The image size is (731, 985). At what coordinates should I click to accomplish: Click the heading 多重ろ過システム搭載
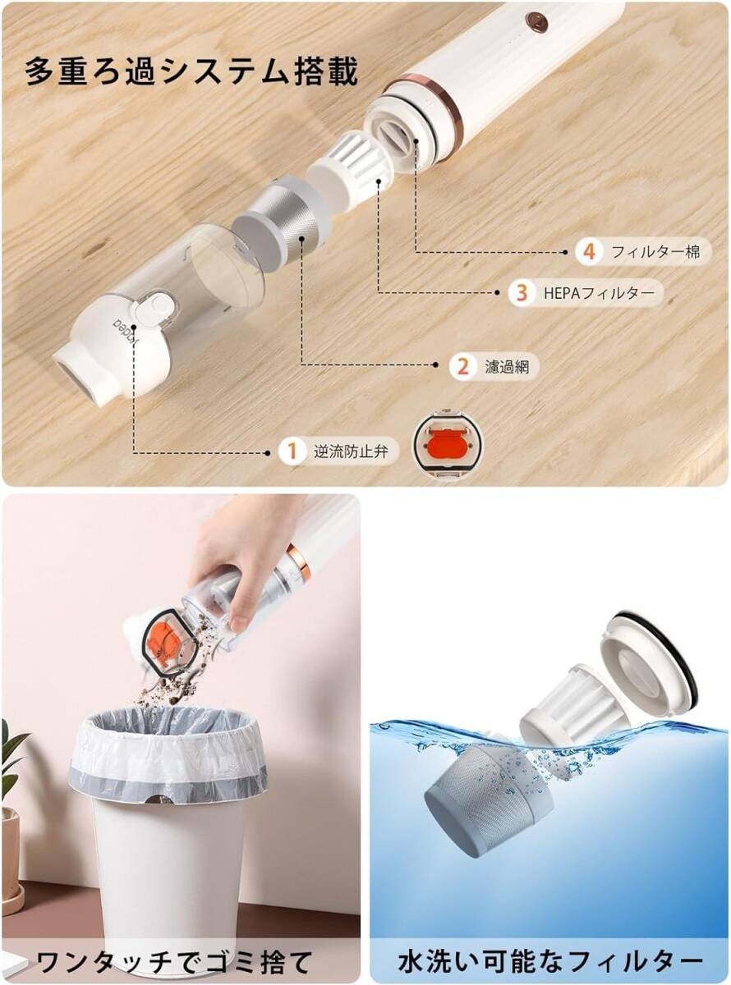(x=191, y=71)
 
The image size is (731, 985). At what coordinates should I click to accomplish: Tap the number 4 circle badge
(x=588, y=252)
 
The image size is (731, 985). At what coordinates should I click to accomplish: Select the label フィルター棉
(x=655, y=253)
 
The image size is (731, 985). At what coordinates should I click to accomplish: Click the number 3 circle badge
(x=521, y=292)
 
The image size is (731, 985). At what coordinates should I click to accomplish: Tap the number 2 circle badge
(x=462, y=366)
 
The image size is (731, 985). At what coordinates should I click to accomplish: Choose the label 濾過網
(x=506, y=366)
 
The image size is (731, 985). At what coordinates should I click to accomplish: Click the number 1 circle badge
(x=290, y=451)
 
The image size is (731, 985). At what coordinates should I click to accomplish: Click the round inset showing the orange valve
(x=448, y=447)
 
